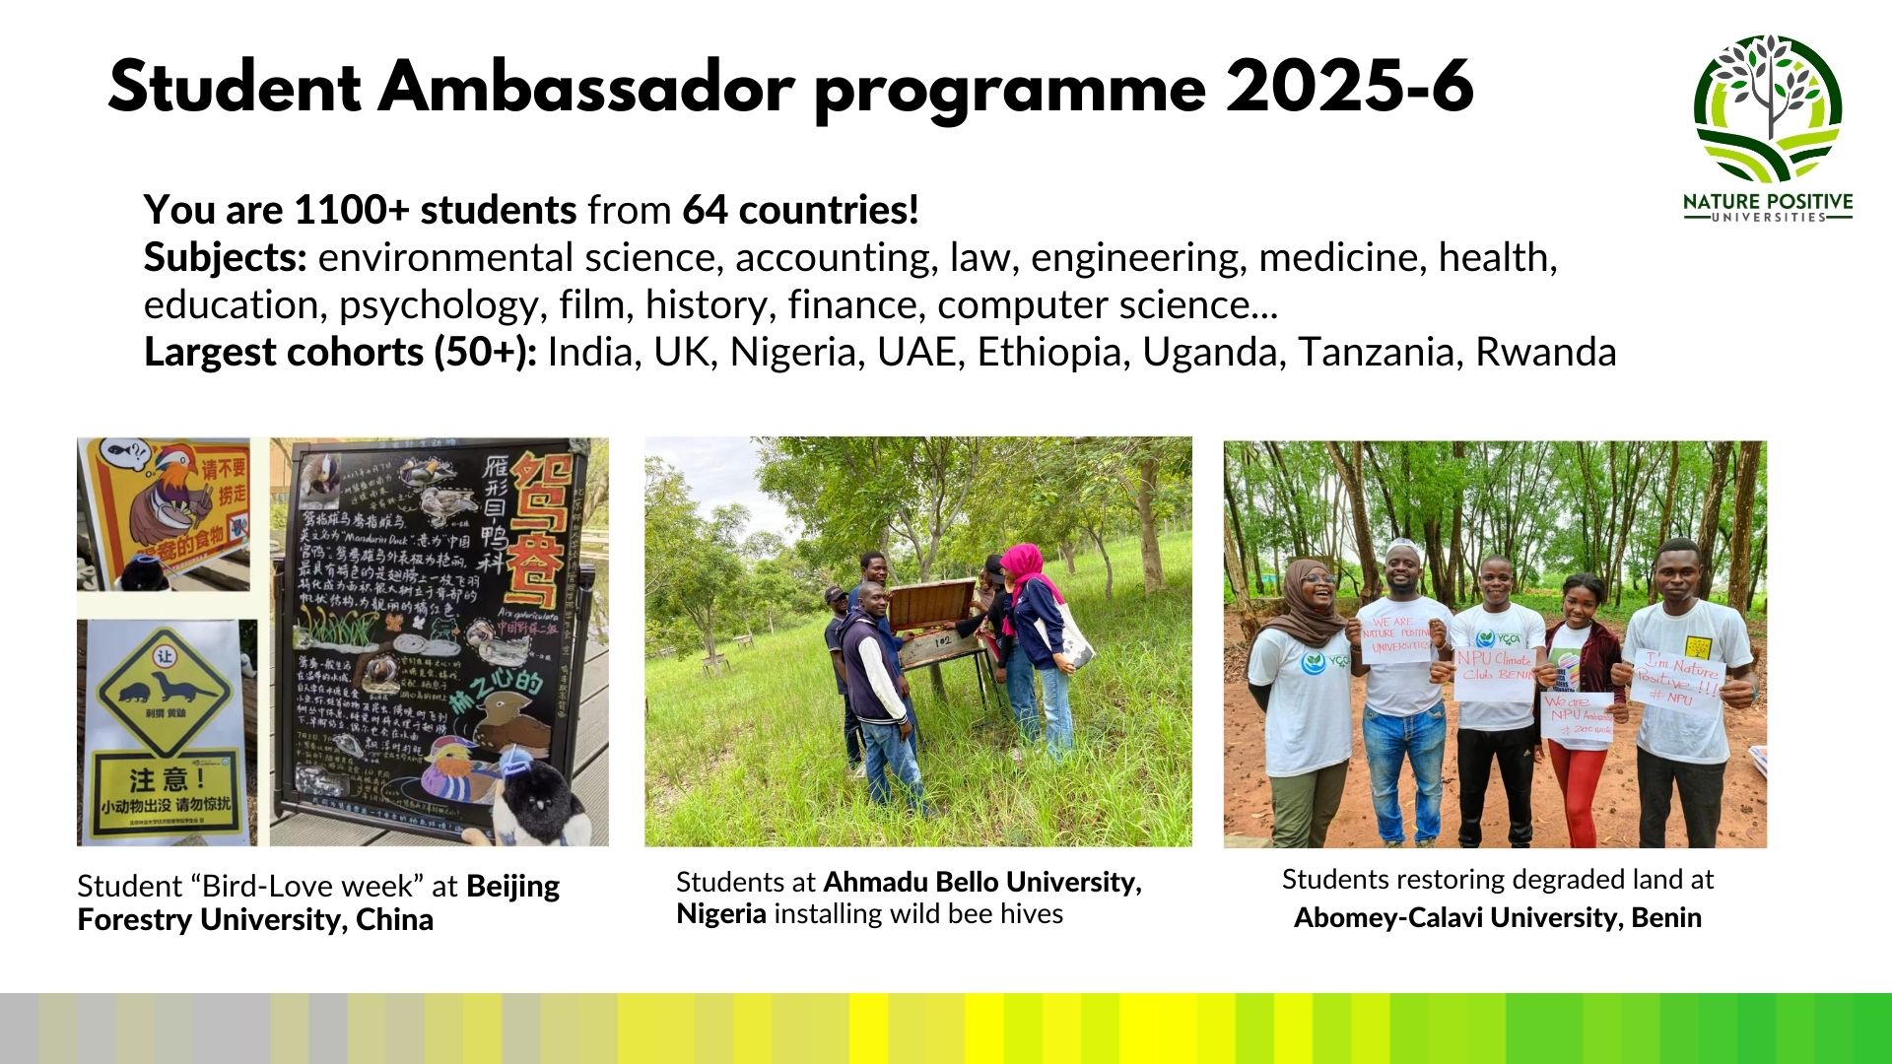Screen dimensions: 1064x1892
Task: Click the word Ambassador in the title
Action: coord(586,87)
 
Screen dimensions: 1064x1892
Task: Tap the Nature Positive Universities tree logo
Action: coord(1769,108)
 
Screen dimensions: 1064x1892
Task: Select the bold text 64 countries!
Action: coord(800,210)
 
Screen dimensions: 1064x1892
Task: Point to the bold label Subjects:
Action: coord(226,258)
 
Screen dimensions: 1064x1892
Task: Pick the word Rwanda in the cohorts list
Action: coord(1545,353)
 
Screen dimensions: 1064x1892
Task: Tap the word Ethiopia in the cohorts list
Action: coord(1052,353)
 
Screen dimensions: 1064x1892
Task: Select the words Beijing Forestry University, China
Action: coord(318,903)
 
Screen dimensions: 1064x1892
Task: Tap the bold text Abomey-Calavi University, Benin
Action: coord(1497,918)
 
